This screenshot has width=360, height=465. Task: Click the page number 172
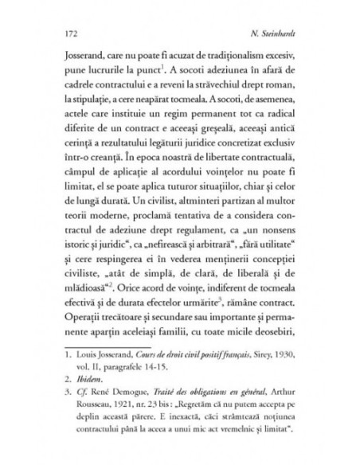click(x=68, y=34)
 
